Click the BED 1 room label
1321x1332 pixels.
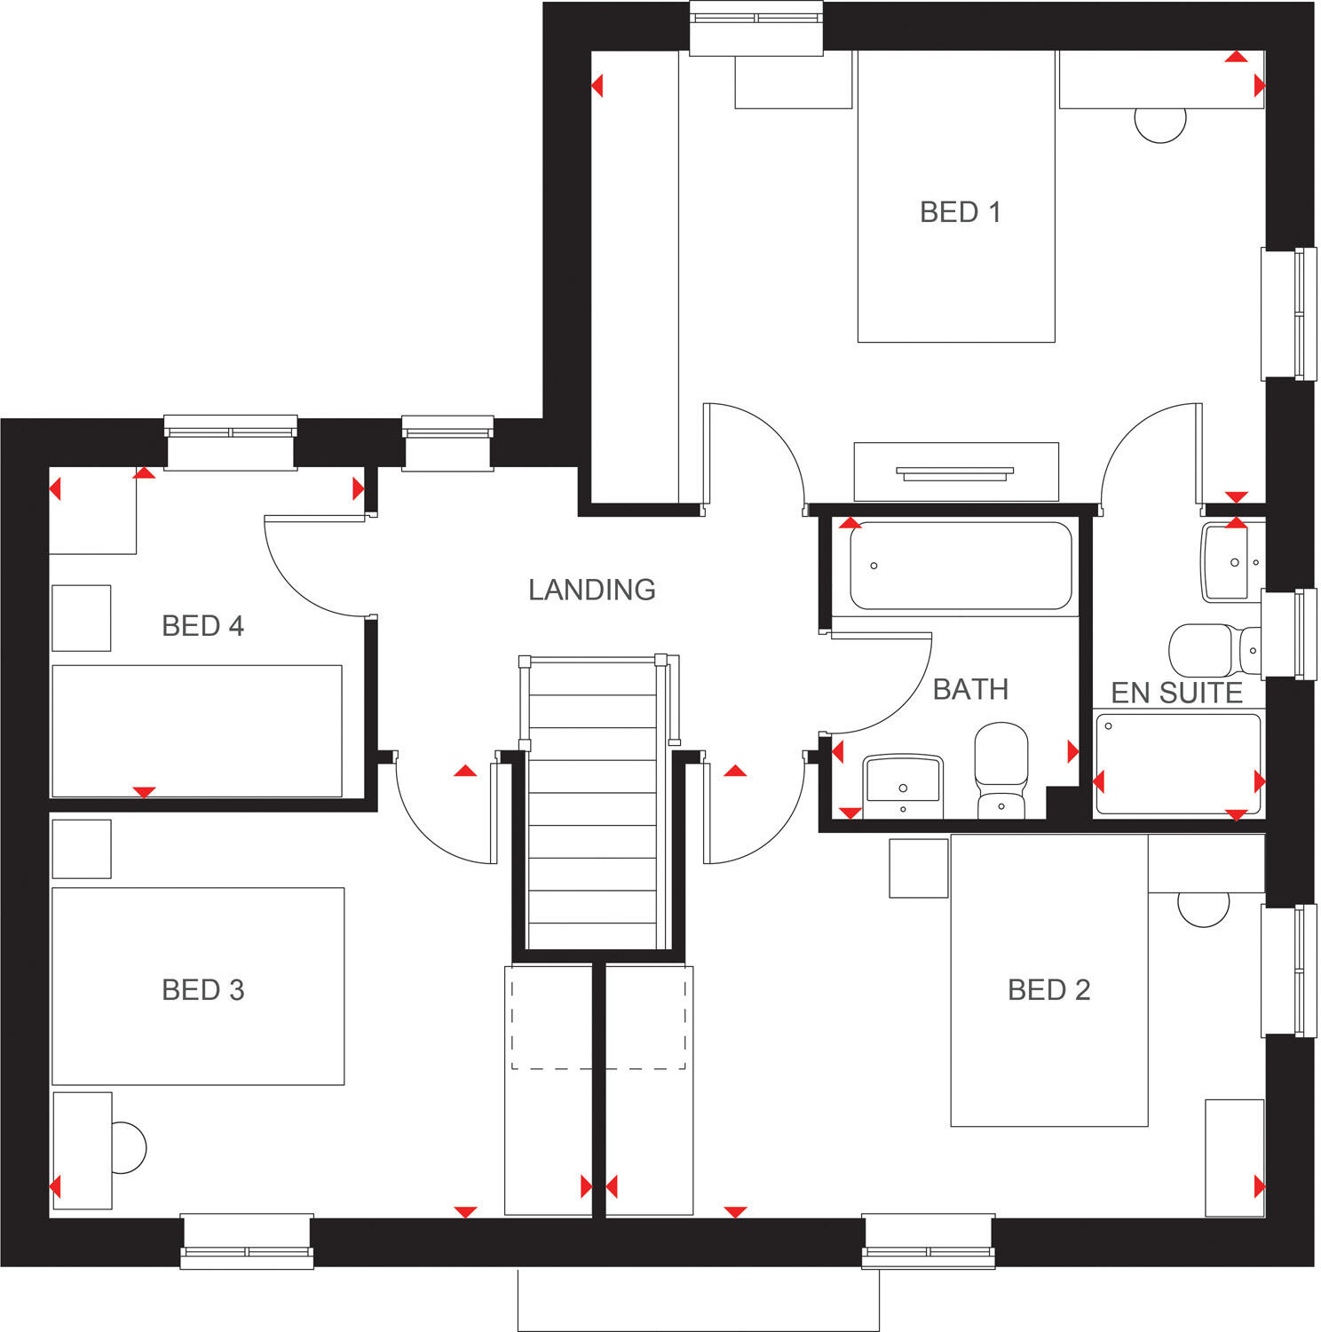(960, 212)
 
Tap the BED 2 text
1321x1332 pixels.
(1048, 989)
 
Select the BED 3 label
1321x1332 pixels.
(202, 989)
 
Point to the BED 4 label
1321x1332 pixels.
(202, 626)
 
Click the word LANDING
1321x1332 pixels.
(591, 590)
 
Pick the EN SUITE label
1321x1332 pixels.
(1176, 693)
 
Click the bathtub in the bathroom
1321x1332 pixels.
(961, 566)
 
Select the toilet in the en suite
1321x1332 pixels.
(1213, 650)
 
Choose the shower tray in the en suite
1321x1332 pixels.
(1178, 764)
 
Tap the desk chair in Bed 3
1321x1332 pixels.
(128, 1148)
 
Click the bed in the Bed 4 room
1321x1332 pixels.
(197, 730)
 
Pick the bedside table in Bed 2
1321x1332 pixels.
(919, 868)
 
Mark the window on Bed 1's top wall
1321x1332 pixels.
(756, 27)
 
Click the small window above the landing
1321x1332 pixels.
(447, 440)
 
